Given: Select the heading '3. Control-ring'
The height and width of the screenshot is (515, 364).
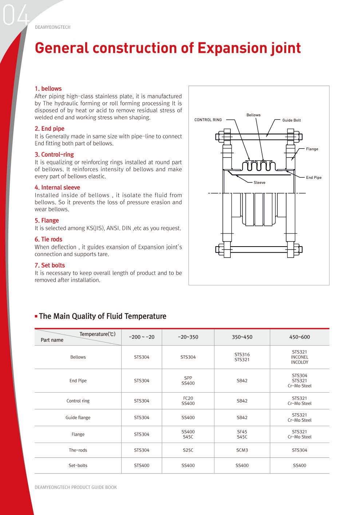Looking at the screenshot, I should [x=54, y=154].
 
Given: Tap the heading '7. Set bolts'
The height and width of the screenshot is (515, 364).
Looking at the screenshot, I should [x=50, y=265].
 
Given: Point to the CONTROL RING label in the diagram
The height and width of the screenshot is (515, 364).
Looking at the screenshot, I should [x=208, y=120].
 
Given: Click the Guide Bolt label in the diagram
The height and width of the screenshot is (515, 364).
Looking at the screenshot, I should [x=292, y=120].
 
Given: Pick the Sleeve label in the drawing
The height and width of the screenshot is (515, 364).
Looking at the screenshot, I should [x=260, y=182].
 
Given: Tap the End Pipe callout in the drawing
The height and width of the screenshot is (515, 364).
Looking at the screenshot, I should [x=314, y=178].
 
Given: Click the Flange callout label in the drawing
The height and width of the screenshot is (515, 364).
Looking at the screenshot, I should [x=312, y=149].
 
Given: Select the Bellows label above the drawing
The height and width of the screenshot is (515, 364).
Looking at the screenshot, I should [x=253, y=115].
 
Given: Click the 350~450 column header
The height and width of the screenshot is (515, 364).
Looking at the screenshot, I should [x=242, y=337].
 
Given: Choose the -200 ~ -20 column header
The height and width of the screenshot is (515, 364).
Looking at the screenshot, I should [x=142, y=337].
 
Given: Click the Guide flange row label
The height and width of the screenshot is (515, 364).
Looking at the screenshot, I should [x=78, y=418].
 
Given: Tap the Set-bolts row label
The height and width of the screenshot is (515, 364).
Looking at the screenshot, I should [x=78, y=465].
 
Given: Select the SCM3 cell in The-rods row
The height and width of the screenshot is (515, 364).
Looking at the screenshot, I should [x=242, y=451].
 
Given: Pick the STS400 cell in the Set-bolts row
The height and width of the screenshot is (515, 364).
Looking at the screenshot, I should [x=142, y=465].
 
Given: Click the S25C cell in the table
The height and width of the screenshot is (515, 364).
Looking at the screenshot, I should [x=188, y=451].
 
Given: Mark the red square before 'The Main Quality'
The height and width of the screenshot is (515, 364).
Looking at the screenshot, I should [x=36, y=316].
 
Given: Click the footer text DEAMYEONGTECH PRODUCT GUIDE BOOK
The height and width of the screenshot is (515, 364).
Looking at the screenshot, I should [x=76, y=487].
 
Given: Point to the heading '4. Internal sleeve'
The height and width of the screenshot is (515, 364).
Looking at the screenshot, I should [x=58, y=188].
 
